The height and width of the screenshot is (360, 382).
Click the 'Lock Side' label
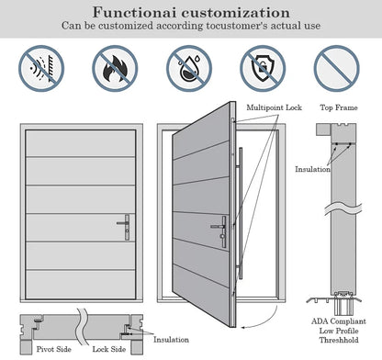tap(108, 349)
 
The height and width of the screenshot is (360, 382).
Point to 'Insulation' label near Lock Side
tap(171, 339)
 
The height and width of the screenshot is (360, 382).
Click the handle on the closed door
tap(125, 223)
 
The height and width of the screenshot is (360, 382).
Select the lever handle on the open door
tap(219, 229)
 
